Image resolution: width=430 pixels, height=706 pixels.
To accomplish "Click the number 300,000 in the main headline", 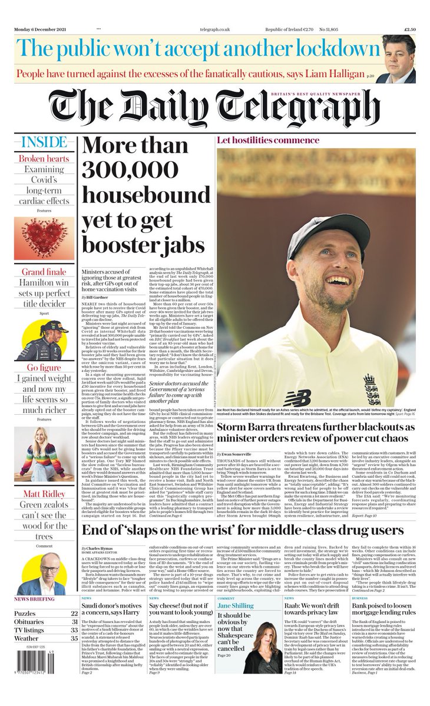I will coord(125,170).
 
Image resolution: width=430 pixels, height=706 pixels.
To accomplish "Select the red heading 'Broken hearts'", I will coord(43,159).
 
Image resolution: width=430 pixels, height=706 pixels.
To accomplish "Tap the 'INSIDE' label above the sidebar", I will coord(43,142).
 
